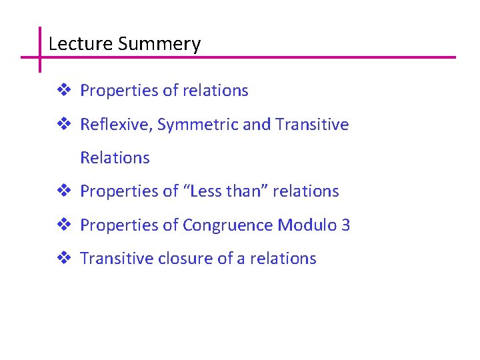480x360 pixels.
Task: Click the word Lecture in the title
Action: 80,45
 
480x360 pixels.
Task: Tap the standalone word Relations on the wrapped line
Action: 115,158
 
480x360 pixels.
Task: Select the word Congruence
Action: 227,225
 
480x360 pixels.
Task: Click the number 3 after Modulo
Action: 345,225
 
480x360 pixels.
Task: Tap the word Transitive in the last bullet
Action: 117,258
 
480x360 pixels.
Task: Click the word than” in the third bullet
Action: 248,191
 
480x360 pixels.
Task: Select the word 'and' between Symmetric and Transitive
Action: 257,125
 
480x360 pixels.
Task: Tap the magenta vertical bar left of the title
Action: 40,49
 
